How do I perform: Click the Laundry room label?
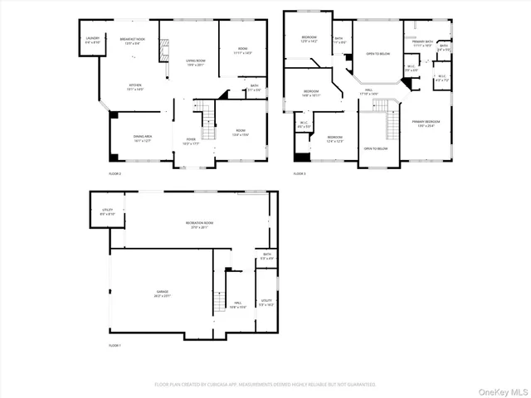coord(92,40)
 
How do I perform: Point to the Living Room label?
coord(196,61)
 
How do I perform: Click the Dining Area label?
coord(142,139)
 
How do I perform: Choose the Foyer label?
coord(191,140)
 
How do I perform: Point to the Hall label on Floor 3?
coord(368,92)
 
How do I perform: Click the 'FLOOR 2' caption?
coord(114,174)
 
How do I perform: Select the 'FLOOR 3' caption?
coord(300,174)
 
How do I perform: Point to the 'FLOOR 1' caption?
coord(114,344)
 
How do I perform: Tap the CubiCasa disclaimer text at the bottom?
coord(265,384)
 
